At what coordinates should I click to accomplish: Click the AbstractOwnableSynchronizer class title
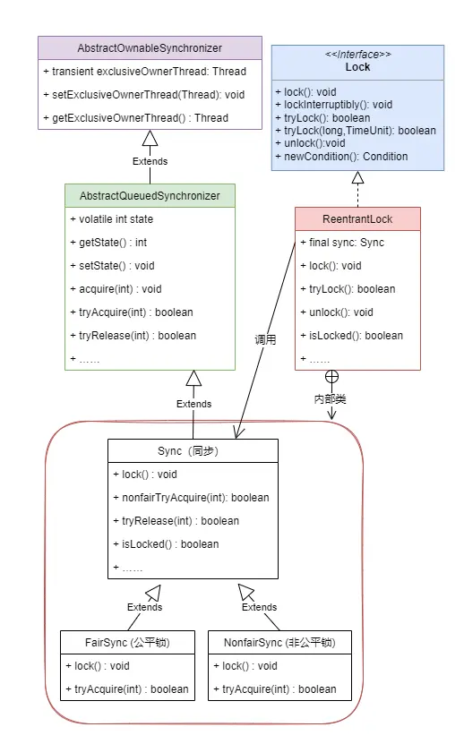pyautogui.click(x=150, y=48)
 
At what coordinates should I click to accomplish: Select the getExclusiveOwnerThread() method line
pyautogui.click(x=136, y=117)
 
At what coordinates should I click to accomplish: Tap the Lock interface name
pyautogui.click(x=357, y=67)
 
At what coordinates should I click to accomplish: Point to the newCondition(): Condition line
pyautogui.click(x=341, y=157)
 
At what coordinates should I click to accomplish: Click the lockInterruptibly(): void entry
pyautogui.click(x=334, y=105)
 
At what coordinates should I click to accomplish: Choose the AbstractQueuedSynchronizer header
pyautogui.click(x=150, y=195)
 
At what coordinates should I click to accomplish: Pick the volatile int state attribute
pyautogui.click(x=112, y=218)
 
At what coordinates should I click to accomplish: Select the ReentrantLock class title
pyautogui.click(x=357, y=218)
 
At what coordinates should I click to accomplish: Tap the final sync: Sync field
pyautogui.click(x=342, y=243)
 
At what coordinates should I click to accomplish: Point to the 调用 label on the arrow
pyautogui.click(x=265, y=339)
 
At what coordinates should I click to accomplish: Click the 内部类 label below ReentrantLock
pyautogui.click(x=330, y=399)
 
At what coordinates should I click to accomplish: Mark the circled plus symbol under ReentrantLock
pyautogui.click(x=332, y=377)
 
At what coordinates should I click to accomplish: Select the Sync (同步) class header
pyautogui.click(x=188, y=450)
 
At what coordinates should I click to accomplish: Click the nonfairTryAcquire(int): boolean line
pyautogui.click(x=192, y=497)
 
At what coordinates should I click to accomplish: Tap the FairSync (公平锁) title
pyautogui.click(x=127, y=643)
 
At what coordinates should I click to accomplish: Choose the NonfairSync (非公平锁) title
pyautogui.click(x=279, y=643)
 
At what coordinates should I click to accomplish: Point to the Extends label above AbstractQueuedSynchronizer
pyautogui.click(x=150, y=161)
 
